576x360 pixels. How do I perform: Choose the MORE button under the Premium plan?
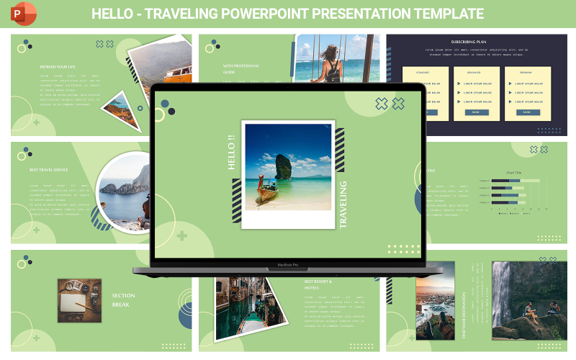click(526, 112)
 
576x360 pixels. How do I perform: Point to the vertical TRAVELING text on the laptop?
click(343, 204)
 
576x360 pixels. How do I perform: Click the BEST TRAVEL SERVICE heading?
click(49, 170)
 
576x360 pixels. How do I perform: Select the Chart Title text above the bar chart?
click(513, 173)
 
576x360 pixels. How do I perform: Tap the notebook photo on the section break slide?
click(76, 300)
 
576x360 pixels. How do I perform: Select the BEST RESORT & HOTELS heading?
click(318, 284)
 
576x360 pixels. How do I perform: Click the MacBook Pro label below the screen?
click(287, 265)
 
